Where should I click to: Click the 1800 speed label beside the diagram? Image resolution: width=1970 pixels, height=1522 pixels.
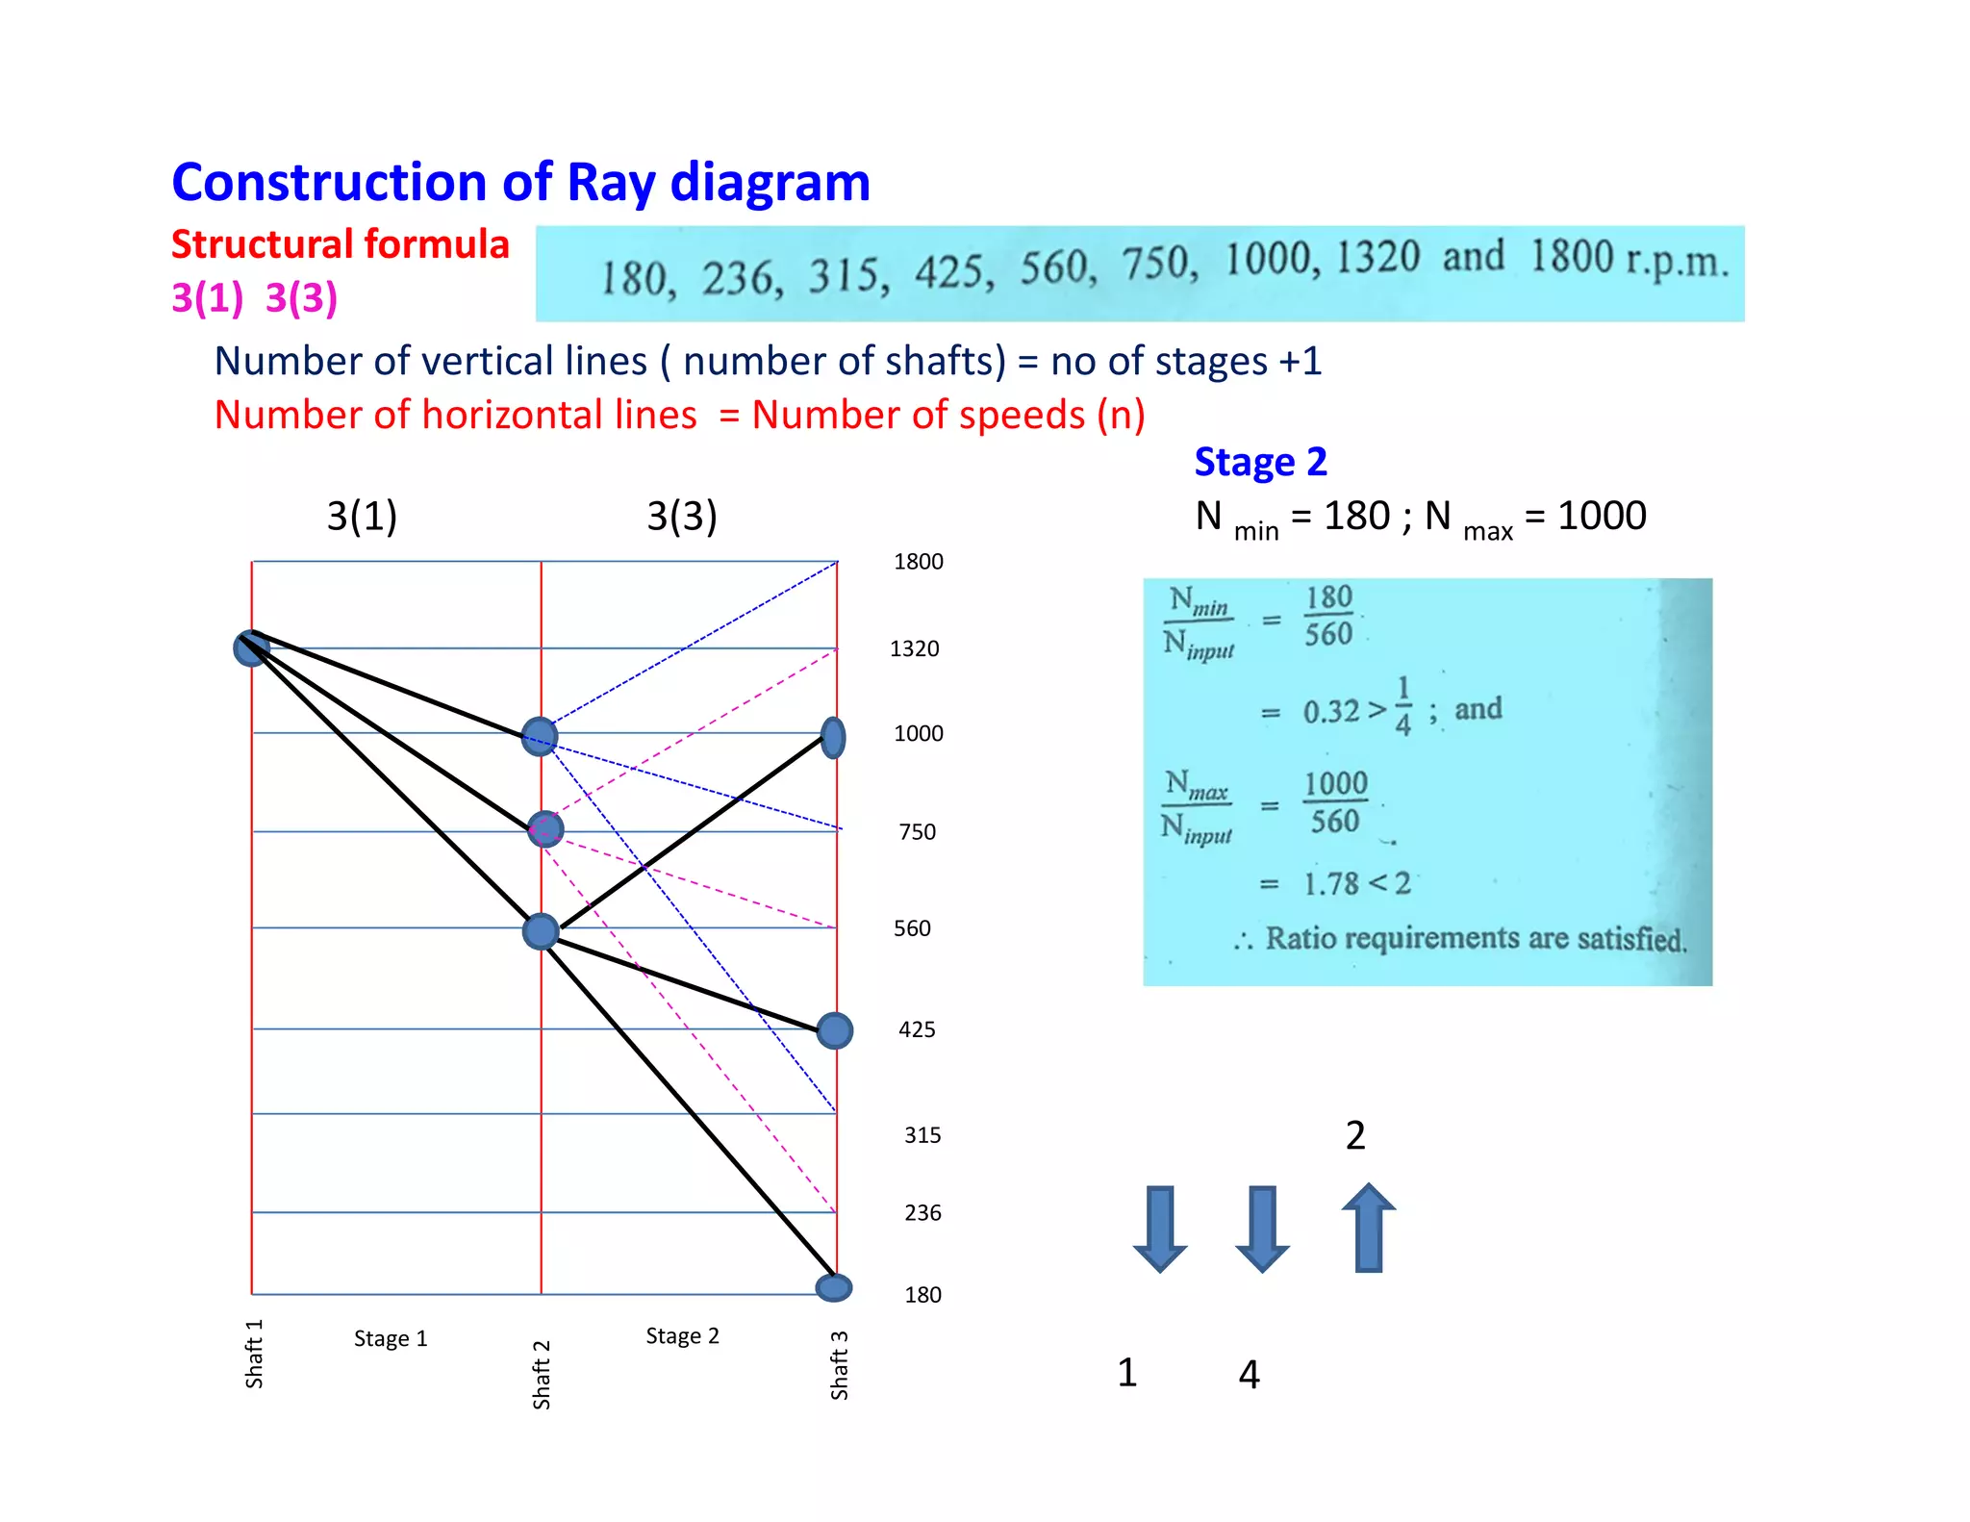(918, 562)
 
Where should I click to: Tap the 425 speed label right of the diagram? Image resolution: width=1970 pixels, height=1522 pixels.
(916, 1029)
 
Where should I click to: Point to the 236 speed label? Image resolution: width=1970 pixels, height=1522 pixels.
(922, 1212)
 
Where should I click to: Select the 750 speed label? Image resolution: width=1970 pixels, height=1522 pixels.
(917, 831)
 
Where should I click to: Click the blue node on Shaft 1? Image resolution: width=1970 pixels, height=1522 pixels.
(251, 647)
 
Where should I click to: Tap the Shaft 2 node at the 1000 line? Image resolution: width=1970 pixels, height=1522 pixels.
(540, 737)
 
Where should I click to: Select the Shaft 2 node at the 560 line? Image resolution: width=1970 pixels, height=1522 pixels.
(541, 931)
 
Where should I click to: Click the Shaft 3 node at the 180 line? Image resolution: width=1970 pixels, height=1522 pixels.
(833, 1287)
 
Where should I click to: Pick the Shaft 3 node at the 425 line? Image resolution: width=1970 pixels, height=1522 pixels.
(834, 1030)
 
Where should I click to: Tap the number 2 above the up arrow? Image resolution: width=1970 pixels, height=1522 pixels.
(1354, 1135)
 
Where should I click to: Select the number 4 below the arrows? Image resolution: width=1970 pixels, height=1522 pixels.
(1249, 1374)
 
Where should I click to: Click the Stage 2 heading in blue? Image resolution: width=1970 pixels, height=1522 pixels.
(1260, 462)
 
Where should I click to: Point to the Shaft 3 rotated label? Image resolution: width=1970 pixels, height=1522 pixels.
(839, 1364)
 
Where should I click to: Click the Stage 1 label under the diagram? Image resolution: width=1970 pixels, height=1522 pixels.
(391, 1338)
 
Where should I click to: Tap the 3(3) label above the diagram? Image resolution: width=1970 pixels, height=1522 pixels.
(681, 516)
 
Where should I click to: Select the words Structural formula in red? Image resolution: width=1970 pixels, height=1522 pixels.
(340, 244)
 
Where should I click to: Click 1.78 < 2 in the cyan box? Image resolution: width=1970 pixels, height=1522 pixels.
(1356, 883)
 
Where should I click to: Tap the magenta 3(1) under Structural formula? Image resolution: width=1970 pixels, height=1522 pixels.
(207, 297)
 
